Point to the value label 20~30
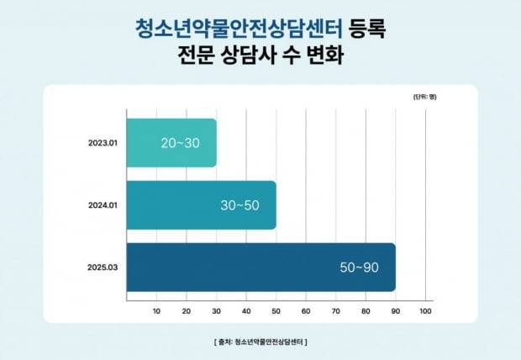pyautogui.click(x=181, y=143)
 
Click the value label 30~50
pyautogui.click(x=240, y=205)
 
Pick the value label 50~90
pyautogui.click(x=359, y=267)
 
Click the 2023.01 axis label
pyautogui.click(x=103, y=143)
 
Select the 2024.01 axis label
pyautogui.click(x=103, y=205)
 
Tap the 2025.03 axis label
pyautogui.click(x=103, y=267)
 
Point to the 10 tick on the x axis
pyautogui.click(x=156, y=312)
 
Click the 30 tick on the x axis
pyautogui.click(x=216, y=312)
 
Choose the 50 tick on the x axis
pyautogui.click(x=276, y=312)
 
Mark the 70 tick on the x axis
pyautogui.click(x=335, y=312)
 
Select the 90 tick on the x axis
pyautogui.click(x=395, y=312)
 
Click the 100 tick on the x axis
pyautogui.click(x=424, y=312)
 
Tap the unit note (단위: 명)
pyautogui.click(x=424, y=98)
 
